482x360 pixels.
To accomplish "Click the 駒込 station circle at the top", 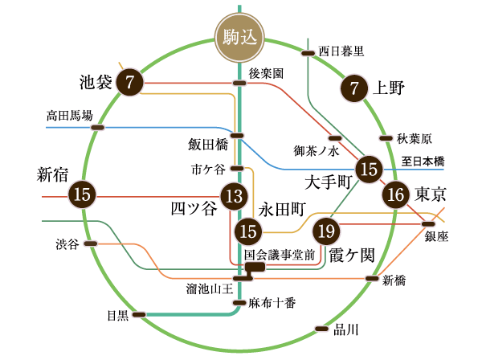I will (x=239, y=37).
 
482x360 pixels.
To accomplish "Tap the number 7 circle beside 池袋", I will (x=129, y=83).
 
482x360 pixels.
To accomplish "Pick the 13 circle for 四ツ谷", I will (x=233, y=195).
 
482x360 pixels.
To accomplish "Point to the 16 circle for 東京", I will (x=395, y=195).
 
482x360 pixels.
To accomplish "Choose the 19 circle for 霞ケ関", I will (x=326, y=231).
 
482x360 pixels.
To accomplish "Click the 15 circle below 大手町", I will (x=370, y=169).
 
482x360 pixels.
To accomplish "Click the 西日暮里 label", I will (x=341, y=51).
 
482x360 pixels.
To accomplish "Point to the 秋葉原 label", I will (x=415, y=138).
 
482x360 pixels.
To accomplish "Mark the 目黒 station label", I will (x=117, y=315).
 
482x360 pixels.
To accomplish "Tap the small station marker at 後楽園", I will (x=239, y=83).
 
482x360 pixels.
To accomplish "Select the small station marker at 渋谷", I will (x=91, y=243).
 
